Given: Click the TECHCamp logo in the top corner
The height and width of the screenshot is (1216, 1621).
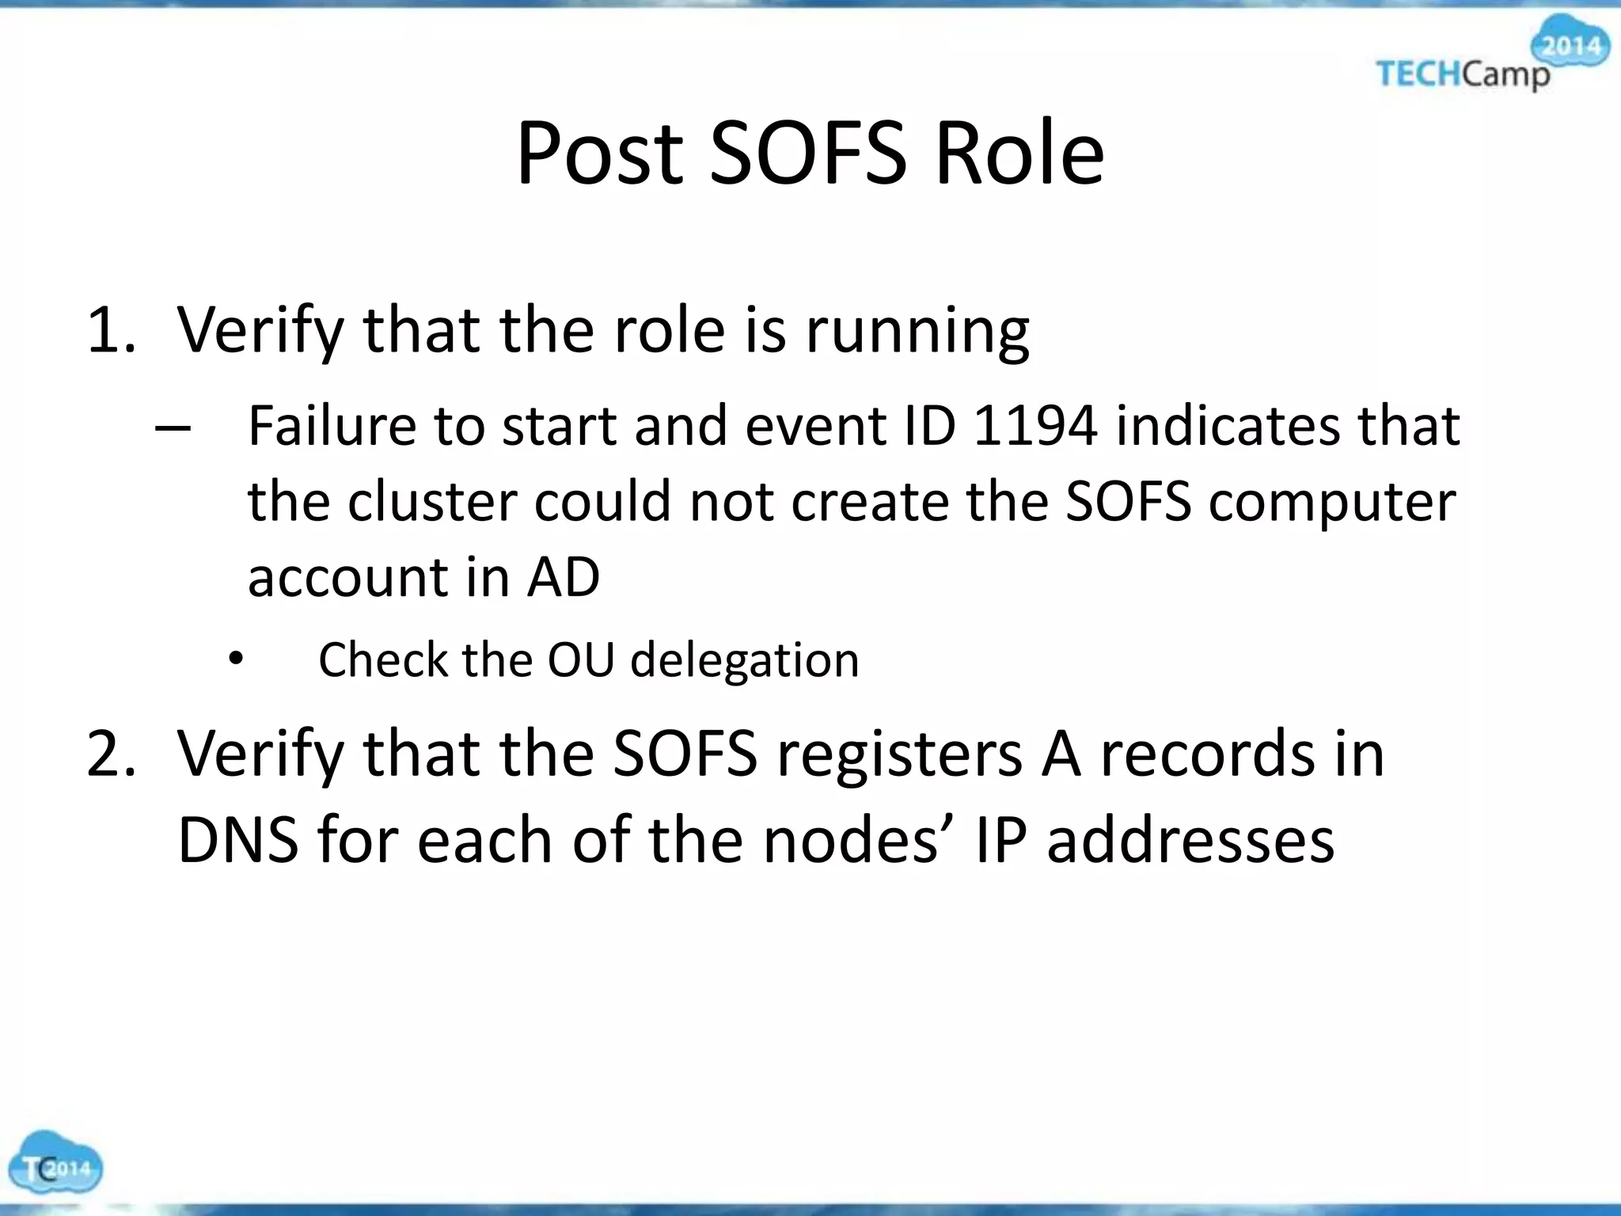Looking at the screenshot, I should [1491, 55].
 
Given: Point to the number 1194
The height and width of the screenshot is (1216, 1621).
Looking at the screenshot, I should [1035, 426].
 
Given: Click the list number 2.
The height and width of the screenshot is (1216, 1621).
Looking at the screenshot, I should [111, 754].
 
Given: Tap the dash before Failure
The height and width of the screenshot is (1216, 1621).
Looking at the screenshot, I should [173, 428].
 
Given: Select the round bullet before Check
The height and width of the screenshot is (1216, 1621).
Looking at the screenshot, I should [235, 658].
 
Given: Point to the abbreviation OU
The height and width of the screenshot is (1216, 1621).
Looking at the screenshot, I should [581, 659].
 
